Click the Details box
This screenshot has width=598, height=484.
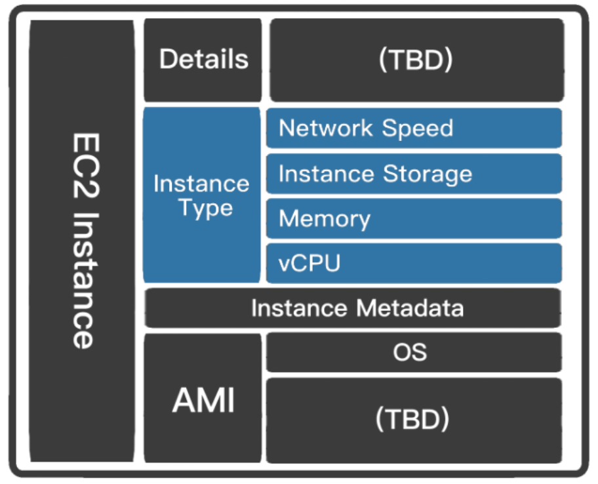click(203, 60)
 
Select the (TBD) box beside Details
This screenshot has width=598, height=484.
click(416, 60)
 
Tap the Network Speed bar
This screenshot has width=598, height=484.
click(414, 128)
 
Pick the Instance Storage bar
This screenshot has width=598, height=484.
click(414, 174)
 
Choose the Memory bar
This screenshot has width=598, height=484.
click(414, 218)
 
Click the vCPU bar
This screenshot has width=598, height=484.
click(414, 263)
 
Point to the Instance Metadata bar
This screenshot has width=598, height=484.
click(353, 308)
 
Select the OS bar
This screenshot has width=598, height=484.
click(414, 352)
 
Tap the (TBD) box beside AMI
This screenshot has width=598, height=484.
click(414, 420)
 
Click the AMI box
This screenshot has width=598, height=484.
click(203, 399)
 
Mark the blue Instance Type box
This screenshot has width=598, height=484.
click(202, 195)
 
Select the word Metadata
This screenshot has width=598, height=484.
click(410, 308)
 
